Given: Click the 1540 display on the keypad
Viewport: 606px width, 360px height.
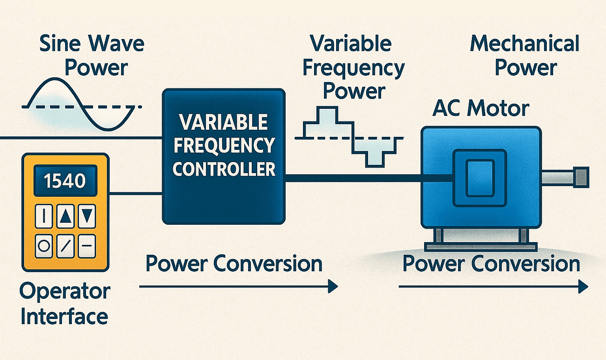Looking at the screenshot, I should click(x=65, y=181).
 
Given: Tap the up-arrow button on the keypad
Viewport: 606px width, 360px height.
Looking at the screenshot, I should click(x=65, y=216).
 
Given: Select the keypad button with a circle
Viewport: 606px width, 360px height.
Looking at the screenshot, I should click(x=44, y=246).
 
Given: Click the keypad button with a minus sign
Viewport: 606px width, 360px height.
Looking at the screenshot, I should click(x=87, y=246).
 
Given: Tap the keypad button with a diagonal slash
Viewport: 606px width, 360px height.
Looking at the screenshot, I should click(x=65, y=246).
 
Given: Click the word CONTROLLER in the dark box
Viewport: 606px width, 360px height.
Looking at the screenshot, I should click(x=224, y=170).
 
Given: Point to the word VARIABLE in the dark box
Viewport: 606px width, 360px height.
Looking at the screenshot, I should click(x=224, y=122).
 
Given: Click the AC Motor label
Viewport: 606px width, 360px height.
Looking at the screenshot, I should click(x=481, y=108).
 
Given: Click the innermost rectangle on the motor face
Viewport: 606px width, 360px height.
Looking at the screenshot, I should click(x=480, y=178).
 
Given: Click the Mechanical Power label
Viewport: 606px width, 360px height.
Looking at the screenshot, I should click(x=525, y=55).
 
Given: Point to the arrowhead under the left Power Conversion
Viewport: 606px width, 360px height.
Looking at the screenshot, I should click(x=333, y=286).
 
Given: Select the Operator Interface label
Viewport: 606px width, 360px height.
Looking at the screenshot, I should click(x=65, y=304).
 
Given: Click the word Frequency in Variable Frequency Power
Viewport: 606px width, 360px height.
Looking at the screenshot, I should click(x=353, y=68).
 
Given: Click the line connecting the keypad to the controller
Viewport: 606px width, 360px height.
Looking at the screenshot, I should click(x=135, y=193).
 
